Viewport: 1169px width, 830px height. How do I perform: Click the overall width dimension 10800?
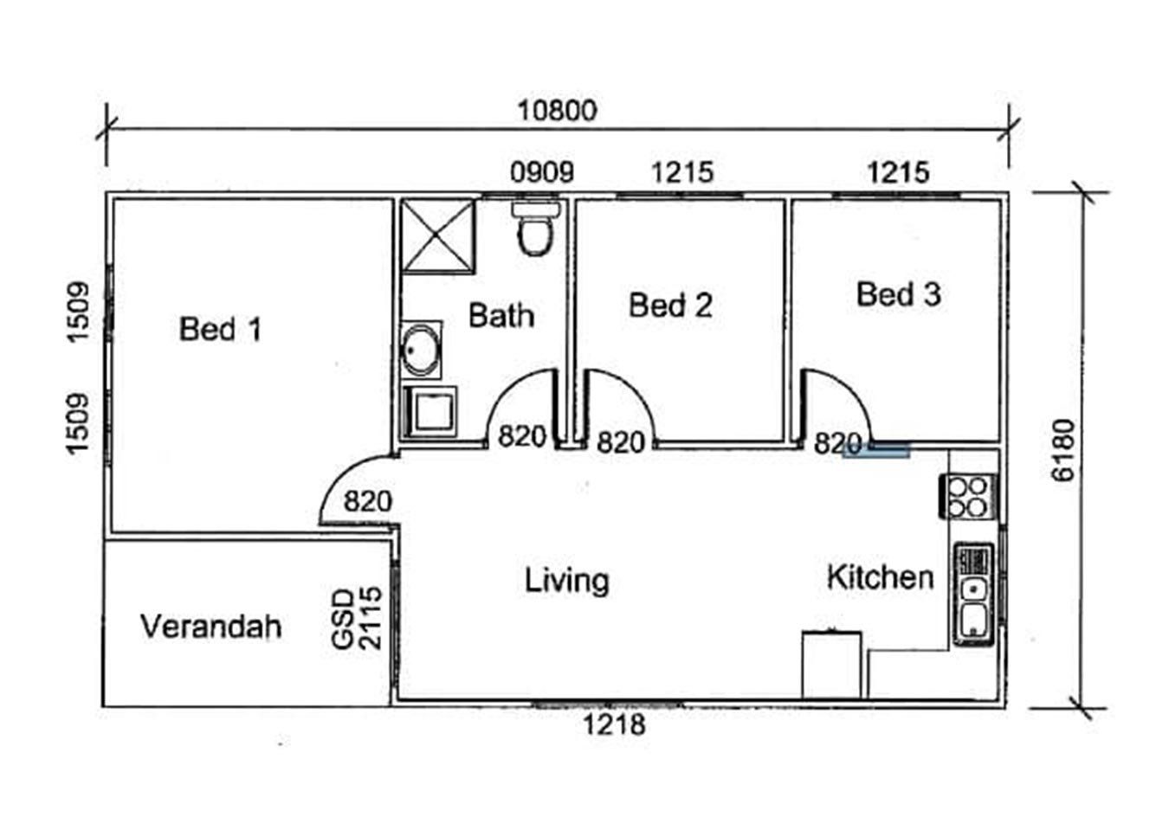tap(557, 111)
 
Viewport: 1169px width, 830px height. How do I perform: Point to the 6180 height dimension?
tap(1063, 450)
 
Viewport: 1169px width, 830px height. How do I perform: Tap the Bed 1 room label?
tap(220, 329)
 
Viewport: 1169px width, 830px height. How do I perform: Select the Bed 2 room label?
tap(670, 306)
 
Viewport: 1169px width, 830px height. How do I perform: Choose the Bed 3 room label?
tap(899, 294)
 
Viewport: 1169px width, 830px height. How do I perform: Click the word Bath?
tap(501, 315)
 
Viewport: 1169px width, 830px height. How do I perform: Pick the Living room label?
tap(567, 581)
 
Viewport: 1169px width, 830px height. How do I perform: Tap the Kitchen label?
tap(881, 577)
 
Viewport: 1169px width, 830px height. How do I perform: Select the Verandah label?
tap(211, 626)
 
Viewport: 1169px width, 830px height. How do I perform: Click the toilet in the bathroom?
tap(535, 228)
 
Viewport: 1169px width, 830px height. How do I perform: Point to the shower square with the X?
tap(438, 236)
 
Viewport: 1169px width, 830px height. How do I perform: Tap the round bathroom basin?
tap(421, 350)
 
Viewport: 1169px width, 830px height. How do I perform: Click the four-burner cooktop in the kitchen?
tap(968, 496)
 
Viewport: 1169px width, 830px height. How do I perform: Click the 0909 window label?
tap(542, 172)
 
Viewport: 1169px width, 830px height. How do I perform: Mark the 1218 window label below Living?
tap(614, 724)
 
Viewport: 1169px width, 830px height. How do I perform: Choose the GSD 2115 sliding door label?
tap(357, 619)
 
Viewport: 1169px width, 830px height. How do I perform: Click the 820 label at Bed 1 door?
tap(367, 502)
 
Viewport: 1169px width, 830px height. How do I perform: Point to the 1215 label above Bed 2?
tap(682, 172)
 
